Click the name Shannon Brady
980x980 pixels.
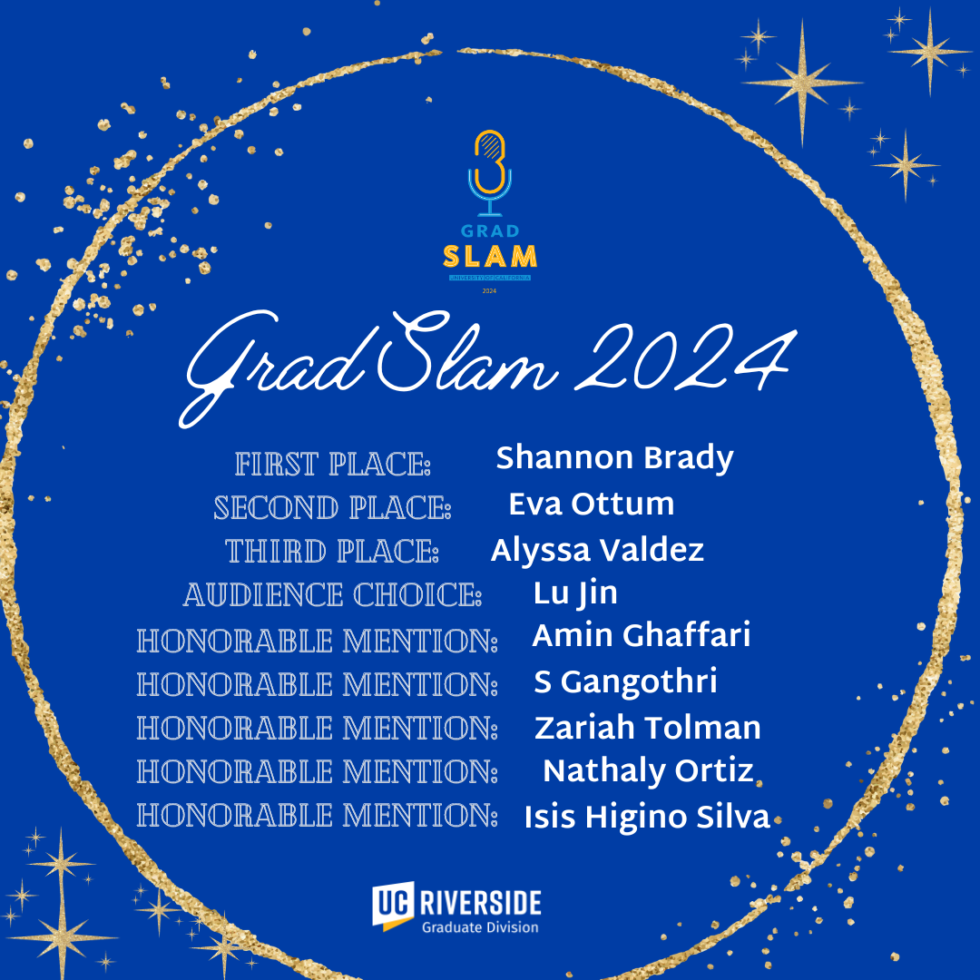pyautogui.click(x=614, y=459)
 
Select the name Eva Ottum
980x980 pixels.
pyautogui.click(x=591, y=504)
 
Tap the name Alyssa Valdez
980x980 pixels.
pyautogui.click(x=597, y=550)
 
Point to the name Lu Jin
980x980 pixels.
pyautogui.click(x=575, y=593)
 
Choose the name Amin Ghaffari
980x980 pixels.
pyautogui.click(x=641, y=636)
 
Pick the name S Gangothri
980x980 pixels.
pyautogui.click(x=625, y=682)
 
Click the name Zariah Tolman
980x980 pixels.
pyautogui.click(x=647, y=728)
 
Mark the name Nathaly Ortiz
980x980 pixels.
pyautogui.click(x=648, y=771)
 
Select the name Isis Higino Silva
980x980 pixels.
pyautogui.click(x=646, y=818)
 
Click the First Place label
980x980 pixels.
pyautogui.click(x=333, y=465)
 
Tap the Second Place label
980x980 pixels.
pyautogui.click(x=332, y=508)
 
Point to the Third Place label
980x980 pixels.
pyautogui.click(x=332, y=552)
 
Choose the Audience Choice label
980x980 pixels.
pyautogui.click(x=332, y=596)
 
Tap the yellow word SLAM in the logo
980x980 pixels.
pyautogui.click(x=490, y=257)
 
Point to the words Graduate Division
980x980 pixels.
pyautogui.click(x=479, y=927)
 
